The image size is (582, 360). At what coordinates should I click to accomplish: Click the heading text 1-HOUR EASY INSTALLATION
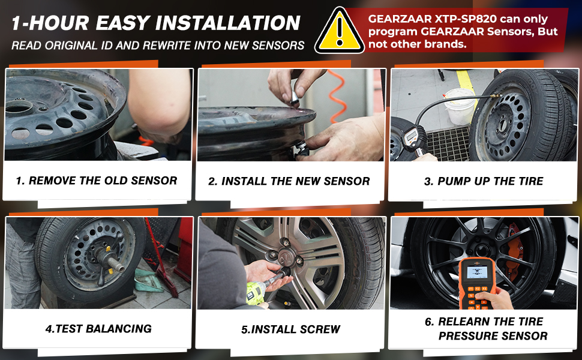(155, 23)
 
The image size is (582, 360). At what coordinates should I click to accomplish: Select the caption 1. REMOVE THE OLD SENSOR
(97, 180)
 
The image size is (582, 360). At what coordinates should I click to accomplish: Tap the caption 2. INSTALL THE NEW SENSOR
(289, 181)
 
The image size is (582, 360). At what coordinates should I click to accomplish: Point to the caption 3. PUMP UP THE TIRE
(484, 181)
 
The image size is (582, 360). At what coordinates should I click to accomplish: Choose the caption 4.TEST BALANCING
(98, 328)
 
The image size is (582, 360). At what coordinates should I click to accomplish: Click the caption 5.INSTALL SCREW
(290, 329)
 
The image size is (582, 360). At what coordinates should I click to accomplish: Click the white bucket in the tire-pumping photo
(460, 106)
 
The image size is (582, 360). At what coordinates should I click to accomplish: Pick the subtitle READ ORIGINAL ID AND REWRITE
(157, 46)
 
